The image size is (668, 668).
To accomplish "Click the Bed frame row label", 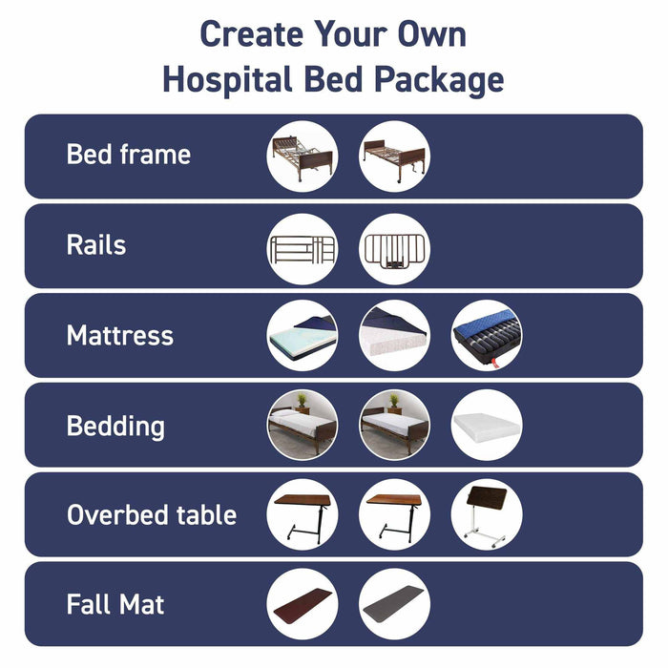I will pyautogui.click(x=128, y=155).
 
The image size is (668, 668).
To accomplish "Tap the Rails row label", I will pyautogui.click(x=95, y=245).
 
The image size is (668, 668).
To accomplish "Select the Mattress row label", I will pyautogui.click(x=119, y=335).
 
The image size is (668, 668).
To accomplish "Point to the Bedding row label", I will pyautogui.click(x=115, y=426).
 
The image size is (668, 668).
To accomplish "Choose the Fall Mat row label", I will pyautogui.click(x=115, y=604).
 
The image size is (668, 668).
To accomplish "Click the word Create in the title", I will pyautogui.click(x=251, y=35).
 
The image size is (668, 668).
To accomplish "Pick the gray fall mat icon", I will pyautogui.click(x=394, y=604).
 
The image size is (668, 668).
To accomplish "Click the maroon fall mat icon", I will pyautogui.click(x=302, y=604).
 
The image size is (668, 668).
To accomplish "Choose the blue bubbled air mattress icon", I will pyautogui.click(x=486, y=335).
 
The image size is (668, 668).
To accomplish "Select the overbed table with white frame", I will pyautogui.click(x=486, y=514).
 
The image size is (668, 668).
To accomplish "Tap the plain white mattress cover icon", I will pyautogui.click(x=486, y=425).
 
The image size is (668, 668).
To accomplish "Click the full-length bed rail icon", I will pyautogui.click(x=302, y=248).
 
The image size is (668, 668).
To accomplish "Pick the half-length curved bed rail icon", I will pyautogui.click(x=394, y=248).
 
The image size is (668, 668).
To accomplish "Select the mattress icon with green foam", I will pyautogui.click(x=302, y=335).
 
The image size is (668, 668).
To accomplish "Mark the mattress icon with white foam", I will pyautogui.click(x=394, y=335).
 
